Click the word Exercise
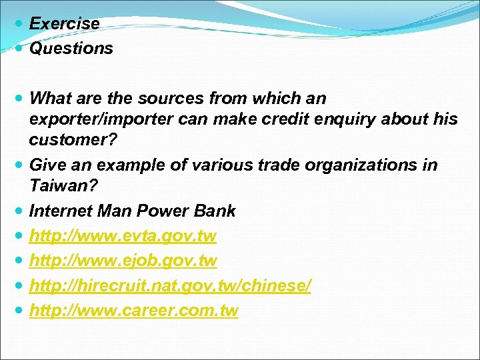pyautogui.click(x=65, y=23)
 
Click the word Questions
pyautogui.click(x=71, y=48)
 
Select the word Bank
pyautogui.click(x=214, y=211)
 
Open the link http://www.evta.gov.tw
pyautogui.click(x=123, y=236)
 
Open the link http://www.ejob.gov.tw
pyautogui.click(x=123, y=261)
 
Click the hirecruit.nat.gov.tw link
pyautogui.click(x=170, y=285)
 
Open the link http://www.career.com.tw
pyautogui.click(x=134, y=310)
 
